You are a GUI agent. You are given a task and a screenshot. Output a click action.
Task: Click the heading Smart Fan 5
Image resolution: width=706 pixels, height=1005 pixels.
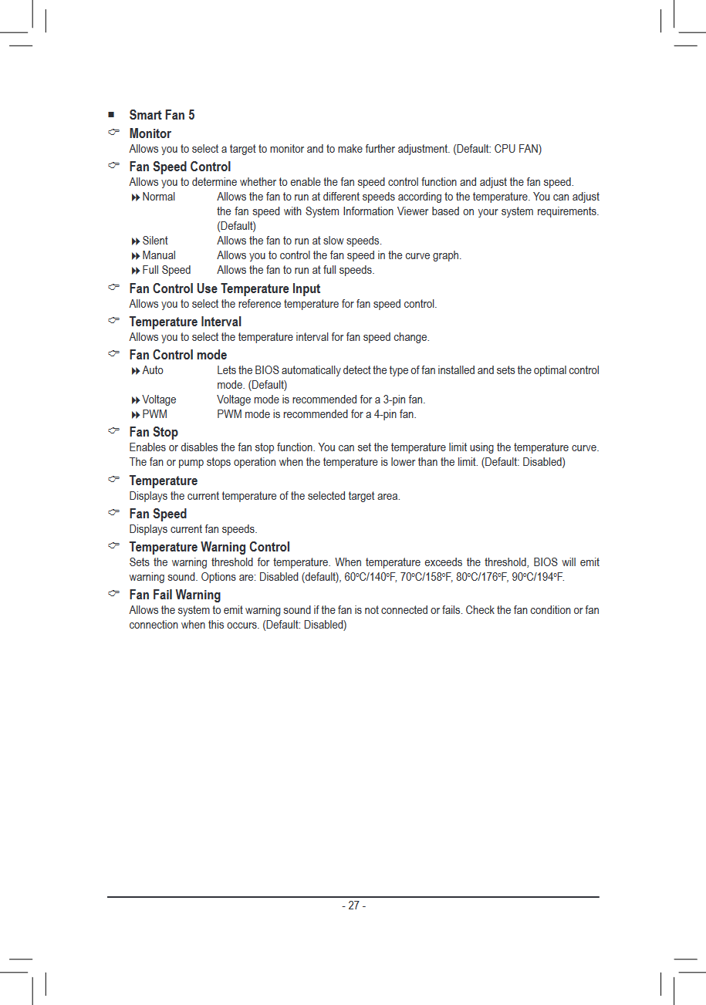pyautogui.click(x=161, y=115)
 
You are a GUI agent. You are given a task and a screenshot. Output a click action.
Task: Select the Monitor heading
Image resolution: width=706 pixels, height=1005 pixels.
pyautogui.click(x=150, y=133)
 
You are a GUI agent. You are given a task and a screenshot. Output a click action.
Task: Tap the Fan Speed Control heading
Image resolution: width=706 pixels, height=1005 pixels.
pyautogui.click(x=180, y=167)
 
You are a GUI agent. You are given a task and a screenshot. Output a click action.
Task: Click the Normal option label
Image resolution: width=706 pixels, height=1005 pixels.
pyautogui.click(x=158, y=197)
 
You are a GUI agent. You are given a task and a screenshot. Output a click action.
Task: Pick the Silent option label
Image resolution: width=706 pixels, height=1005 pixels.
pyautogui.click(x=154, y=241)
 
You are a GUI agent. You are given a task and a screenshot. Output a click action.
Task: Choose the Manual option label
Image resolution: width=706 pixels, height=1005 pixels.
pyautogui.click(x=158, y=255)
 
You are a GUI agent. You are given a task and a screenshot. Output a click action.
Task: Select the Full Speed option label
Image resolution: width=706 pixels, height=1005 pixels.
pyautogui.click(x=166, y=270)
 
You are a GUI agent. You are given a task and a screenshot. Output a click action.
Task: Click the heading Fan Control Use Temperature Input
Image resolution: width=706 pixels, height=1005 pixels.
pyautogui.click(x=225, y=288)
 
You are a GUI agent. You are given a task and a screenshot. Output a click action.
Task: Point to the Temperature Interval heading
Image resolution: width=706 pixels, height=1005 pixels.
pyautogui.click(x=185, y=322)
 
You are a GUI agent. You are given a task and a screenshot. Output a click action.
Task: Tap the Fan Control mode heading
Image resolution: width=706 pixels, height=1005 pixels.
pyautogui.click(x=177, y=355)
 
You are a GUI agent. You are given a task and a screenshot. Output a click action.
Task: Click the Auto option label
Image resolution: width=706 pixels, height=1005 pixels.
pyautogui.click(x=153, y=370)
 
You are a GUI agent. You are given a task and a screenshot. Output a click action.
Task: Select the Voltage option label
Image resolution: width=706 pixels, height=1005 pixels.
pyautogui.click(x=159, y=400)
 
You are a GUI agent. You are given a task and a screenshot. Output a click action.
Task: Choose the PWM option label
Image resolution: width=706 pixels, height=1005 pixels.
pyautogui.click(x=154, y=414)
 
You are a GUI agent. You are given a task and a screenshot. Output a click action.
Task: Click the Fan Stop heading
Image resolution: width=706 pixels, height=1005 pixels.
pyautogui.click(x=154, y=432)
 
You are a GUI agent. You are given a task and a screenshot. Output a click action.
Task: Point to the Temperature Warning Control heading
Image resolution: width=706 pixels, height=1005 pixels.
pyautogui.click(x=209, y=547)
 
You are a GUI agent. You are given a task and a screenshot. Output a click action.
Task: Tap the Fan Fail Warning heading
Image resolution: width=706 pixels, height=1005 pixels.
pyautogui.click(x=174, y=595)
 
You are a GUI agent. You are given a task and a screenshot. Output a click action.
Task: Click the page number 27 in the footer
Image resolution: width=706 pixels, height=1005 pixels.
pyautogui.click(x=353, y=906)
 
